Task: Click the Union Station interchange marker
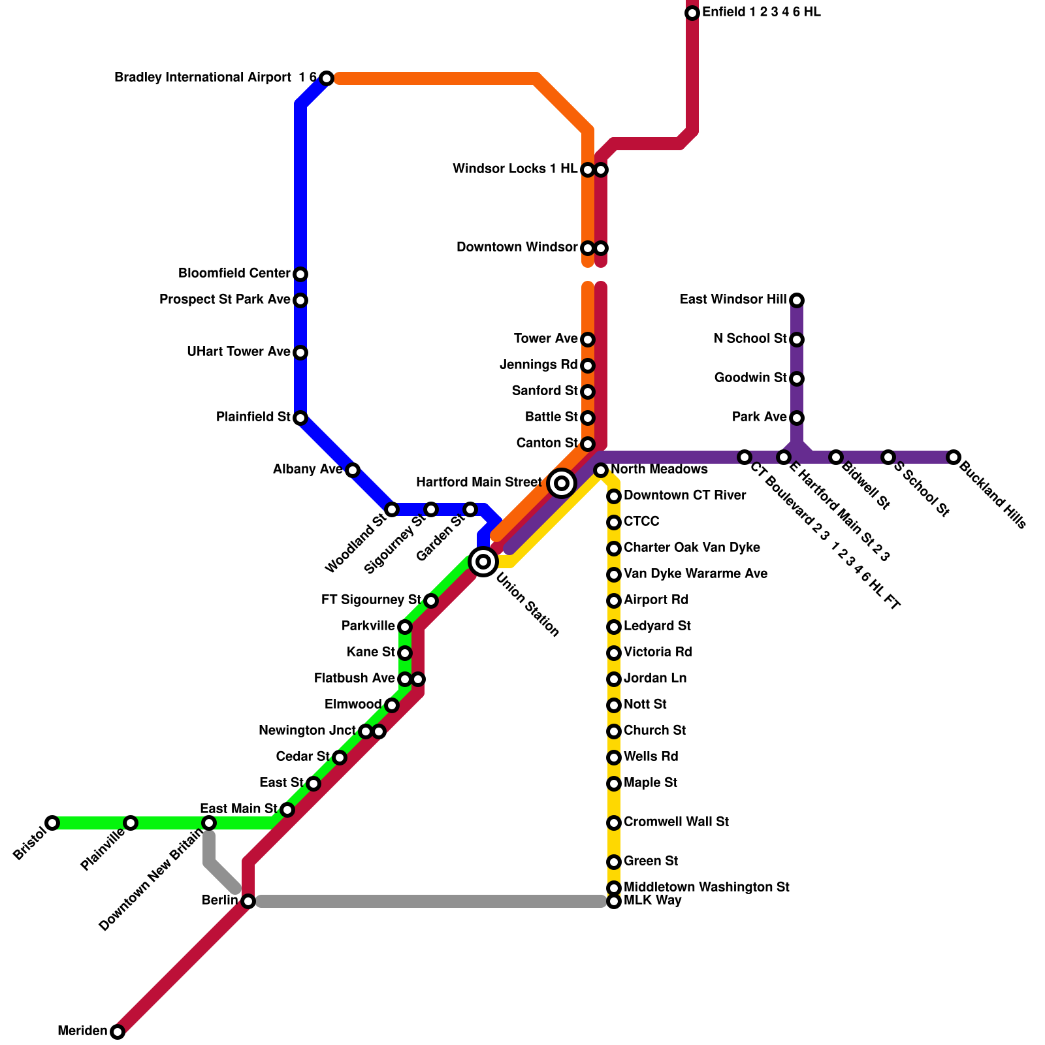483,561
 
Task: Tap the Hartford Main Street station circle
562,483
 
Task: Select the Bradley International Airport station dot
327,78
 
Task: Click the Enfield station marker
692,13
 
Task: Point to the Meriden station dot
118,1032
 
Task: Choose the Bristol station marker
52,823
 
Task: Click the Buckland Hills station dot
954,457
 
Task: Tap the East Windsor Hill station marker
797,300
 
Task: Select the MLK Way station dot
614,902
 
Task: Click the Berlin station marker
248,901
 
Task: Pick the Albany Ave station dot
353,470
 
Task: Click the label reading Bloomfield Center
234,273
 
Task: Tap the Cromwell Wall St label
676,822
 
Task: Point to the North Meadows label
659,470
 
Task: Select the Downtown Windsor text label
517,248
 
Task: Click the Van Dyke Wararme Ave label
695,574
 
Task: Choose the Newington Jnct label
307,731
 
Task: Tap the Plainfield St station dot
300,418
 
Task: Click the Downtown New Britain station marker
209,823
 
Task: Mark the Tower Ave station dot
588,340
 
